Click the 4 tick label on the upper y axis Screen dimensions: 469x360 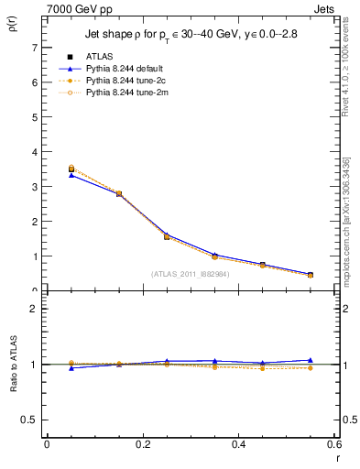(x=34, y=152)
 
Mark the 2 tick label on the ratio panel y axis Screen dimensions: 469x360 (x=34, y=309)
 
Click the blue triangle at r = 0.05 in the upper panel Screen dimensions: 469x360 (x=71, y=175)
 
